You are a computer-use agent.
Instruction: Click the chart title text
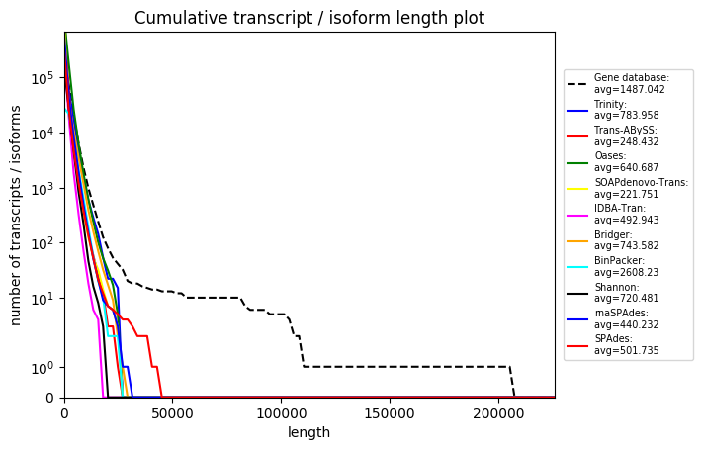coord(309,18)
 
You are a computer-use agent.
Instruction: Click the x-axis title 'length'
coord(308,432)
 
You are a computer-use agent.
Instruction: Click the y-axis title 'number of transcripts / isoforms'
coord(16,214)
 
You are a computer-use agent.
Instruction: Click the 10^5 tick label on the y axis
coord(41,78)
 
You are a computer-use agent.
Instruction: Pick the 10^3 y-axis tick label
coord(41,188)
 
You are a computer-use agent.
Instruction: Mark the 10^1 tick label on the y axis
coord(41,298)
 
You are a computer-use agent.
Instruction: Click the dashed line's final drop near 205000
coord(512,381)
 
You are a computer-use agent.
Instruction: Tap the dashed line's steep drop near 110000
coord(302,351)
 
